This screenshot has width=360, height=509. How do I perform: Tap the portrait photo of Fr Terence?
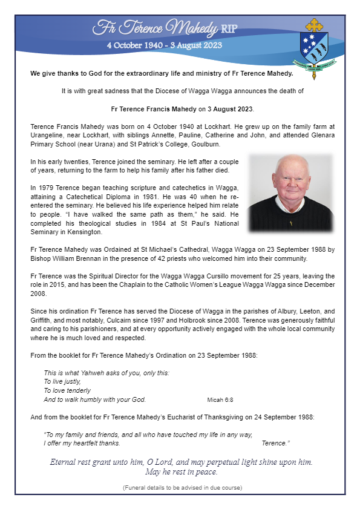coord(291,193)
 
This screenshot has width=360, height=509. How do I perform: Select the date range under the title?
coord(164,45)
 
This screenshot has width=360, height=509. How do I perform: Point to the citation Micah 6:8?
coord(220,400)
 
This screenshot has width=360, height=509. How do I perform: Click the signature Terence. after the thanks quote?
coord(276,444)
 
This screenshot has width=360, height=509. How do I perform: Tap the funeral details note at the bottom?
coord(182,487)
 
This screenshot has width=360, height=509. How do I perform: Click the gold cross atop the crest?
coord(314,26)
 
